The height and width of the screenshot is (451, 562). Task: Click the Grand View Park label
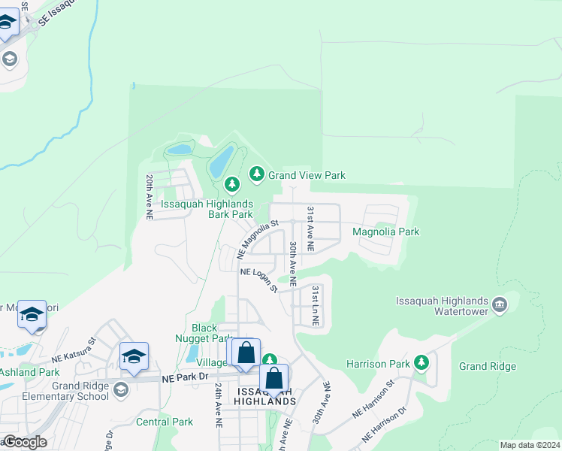point(307,175)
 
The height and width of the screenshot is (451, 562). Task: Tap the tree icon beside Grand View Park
point(257,175)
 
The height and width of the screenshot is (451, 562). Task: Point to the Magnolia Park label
point(385,232)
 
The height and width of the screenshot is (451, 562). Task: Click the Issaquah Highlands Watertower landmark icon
point(500,305)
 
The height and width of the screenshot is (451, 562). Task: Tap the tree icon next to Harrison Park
point(421,364)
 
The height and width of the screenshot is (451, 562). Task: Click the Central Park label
point(165,422)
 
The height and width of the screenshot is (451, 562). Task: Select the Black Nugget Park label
point(204,333)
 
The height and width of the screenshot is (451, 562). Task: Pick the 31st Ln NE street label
point(316,305)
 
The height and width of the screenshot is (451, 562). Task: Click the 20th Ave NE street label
point(150,197)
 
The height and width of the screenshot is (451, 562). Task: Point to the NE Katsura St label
point(74,347)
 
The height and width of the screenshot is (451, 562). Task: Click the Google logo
point(24,442)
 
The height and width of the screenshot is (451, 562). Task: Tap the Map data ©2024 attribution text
point(530,445)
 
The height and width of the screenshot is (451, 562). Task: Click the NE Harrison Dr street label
point(383,425)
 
